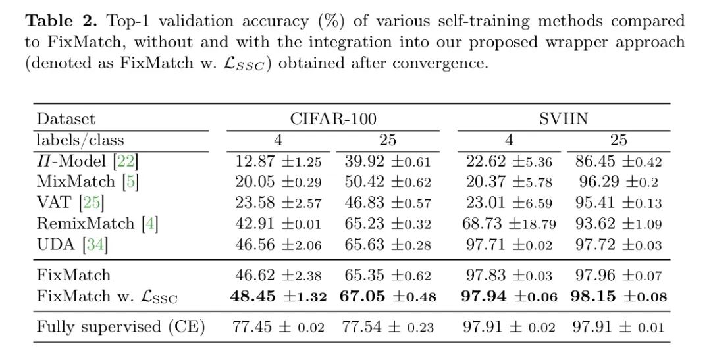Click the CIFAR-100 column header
tap(333, 118)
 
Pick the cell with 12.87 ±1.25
tap(278, 161)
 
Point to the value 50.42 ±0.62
tap(387, 182)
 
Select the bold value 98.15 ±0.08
tap(618, 296)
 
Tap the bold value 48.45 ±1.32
tap(278, 296)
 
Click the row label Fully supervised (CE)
tap(120, 327)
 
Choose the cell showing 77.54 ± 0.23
tap(387, 327)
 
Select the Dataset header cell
tap(66, 119)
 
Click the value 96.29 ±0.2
tap(618, 182)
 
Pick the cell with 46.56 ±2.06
tap(278, 245)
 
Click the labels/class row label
tap(80, 140)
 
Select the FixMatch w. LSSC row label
tap(107, 296)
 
